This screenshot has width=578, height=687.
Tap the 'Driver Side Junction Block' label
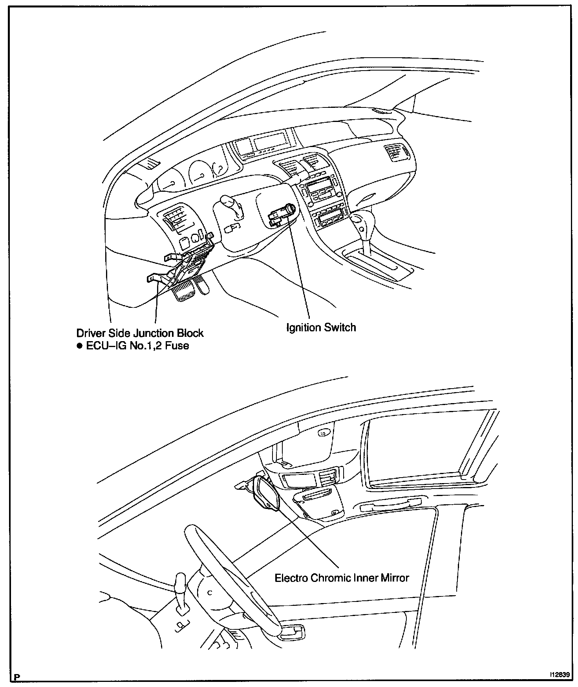(140, 333)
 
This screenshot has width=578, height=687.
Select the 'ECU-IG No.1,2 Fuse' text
(137, 346)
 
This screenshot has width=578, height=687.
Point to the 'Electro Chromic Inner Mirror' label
(342, 578)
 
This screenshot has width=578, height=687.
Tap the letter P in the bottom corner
(16, 677)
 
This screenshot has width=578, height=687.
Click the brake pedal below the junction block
(183, 292)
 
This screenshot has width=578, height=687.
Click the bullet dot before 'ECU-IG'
(80, 346)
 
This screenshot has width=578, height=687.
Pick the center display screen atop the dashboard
(269, 140)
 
